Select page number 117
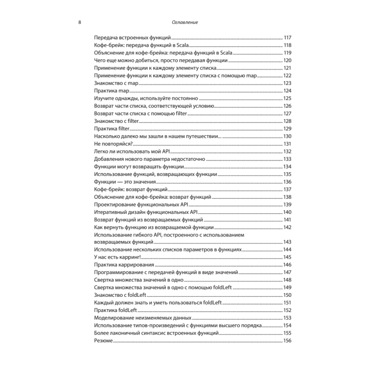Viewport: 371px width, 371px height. pyautogui.click(x=288, y=37)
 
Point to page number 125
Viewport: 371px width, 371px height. pyautogui.click(x=288, y=98)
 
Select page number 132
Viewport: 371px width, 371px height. pyautogui.click(x=288, y=151)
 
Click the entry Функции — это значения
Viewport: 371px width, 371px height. pyautogui.click(x=125, y=182)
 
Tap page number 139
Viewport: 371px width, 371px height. pyautogui.click(x=288, y=204)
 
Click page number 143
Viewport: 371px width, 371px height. pyautogui.click(x=288, y=242)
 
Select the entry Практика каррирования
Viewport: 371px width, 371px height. pyautogui.click(x=124, y=265)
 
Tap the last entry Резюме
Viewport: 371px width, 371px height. pyautogui.click(x=104, y=341)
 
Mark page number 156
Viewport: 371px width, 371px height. pyautogui.click(x=288, y=341)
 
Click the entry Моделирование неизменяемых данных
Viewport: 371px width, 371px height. pyautogui.click(x=143, y=318)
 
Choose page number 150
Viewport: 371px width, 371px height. pyautogui.click(x=288, y=295)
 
